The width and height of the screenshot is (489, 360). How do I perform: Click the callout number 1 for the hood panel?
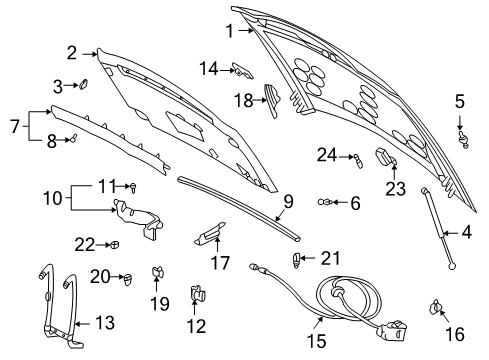(x=229, y=31)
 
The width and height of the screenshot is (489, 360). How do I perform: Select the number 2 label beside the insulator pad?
(x=72, y=53)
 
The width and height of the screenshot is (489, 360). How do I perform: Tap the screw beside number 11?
(x=132, y=187)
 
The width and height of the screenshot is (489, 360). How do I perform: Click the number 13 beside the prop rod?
(x=104, y=322)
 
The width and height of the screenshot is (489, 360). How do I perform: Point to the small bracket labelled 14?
(x=239, y=69)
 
